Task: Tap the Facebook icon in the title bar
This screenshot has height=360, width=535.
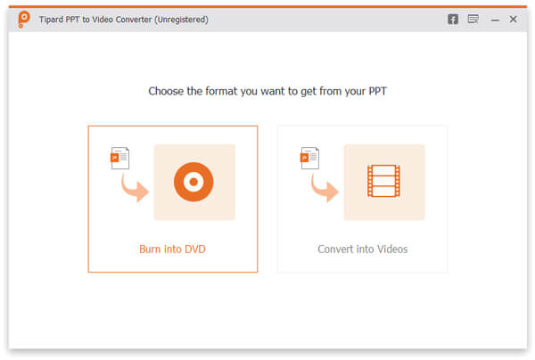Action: [x=453, y=19]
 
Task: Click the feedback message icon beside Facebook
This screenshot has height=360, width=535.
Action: [x=473, y=19]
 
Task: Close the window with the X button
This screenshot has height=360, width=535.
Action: [x=513, y=19]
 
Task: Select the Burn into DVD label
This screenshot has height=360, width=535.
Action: [x=172, y=249]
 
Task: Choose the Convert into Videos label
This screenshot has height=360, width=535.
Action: [x=362, y=249]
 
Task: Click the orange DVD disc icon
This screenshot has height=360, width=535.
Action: [x=194, y=183]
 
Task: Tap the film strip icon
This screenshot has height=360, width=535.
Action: [x=383, y=182]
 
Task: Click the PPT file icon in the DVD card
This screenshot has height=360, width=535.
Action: [x=119, y=158]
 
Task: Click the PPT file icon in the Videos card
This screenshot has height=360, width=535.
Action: [x=309, y=158]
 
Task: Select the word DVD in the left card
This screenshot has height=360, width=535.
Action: [x=193, y=249]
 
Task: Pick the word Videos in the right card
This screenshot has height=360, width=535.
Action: [x=391, y=249]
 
